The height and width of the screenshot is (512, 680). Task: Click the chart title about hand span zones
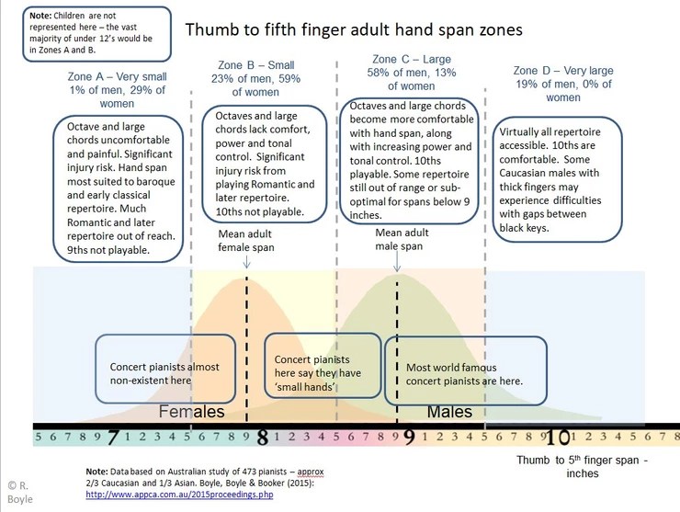(354, 29)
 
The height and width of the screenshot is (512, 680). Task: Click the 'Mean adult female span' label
(246, 240)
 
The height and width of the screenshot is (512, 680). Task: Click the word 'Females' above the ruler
(192, 411)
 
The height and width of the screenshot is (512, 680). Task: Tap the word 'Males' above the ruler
(448, 411)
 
